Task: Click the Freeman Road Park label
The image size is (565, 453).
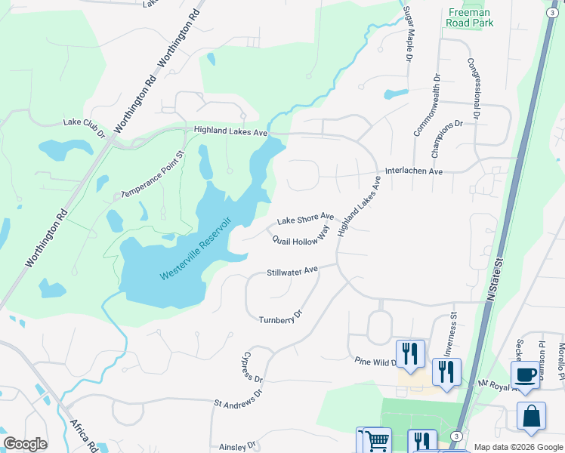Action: coord(471,17)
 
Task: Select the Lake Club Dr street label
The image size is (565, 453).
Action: coord(85,127)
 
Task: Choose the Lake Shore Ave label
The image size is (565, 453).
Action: coord(305,219)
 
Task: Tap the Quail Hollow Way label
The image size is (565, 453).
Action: coord(301,239)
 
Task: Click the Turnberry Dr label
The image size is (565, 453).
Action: coord(280,316)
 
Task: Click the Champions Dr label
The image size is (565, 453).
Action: coord(446,138)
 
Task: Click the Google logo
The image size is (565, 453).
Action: coord(25,444)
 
